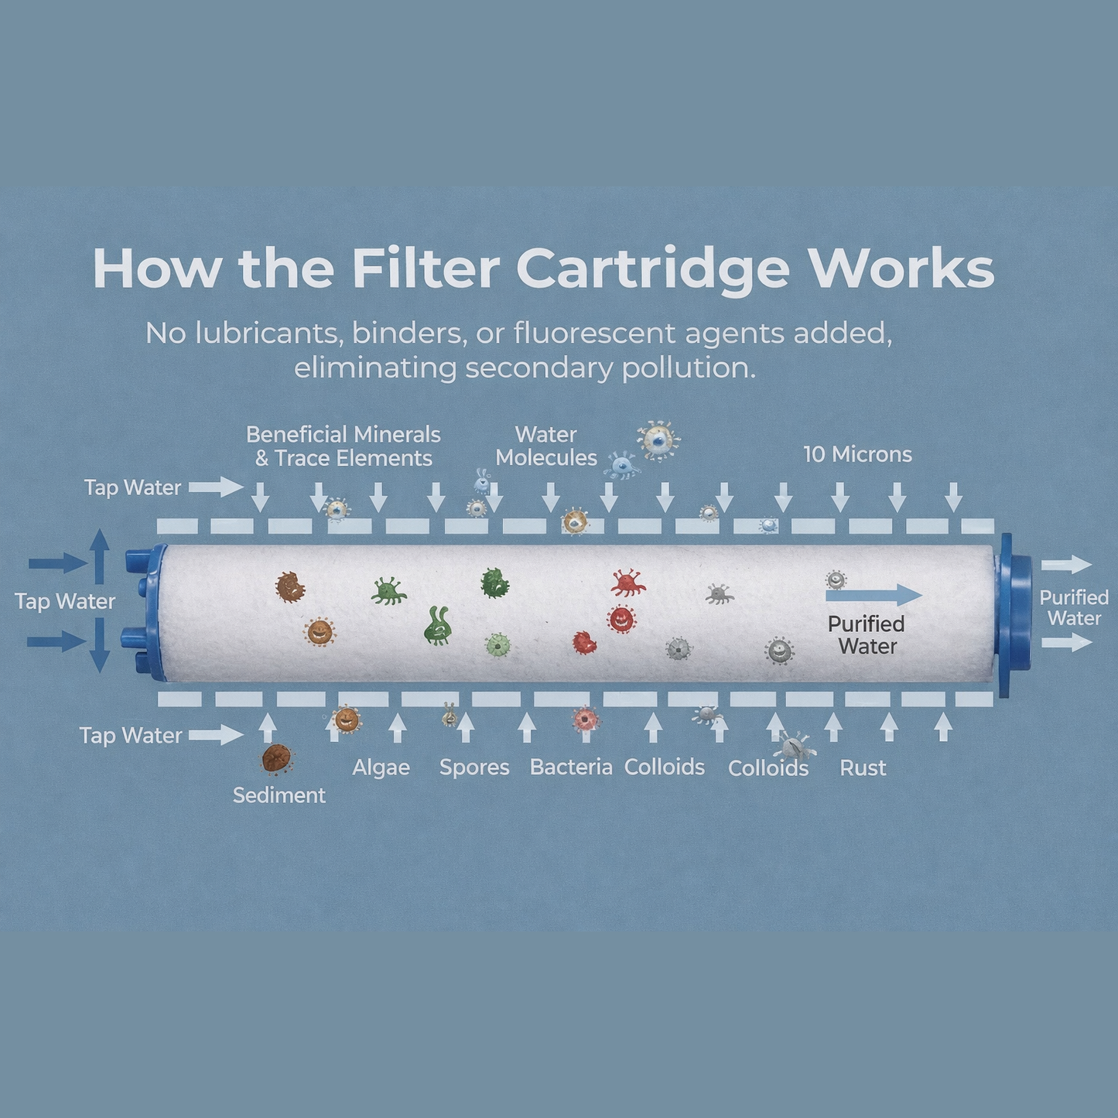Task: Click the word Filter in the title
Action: click(x=426, y=269)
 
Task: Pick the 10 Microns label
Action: click(x=857, y=454)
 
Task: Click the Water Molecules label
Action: click(x=546, y=446)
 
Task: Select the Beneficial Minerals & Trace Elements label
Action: click(x=344, y=446)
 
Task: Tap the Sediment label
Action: click(x=279, y=795)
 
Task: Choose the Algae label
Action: click(x=381, y=768)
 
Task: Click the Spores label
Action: click(x=474, y=768)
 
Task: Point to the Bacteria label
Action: click(x=571, y=768)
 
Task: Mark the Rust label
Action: click(x=863, y=768)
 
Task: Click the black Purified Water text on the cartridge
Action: click(x=867, y=634)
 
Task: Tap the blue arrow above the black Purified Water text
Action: click(x=874, y=596)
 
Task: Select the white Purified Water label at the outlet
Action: click(x=1074, y=607)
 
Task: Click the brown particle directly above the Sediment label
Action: click(x=276, y=758)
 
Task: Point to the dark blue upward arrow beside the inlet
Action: click(x=99, y=556)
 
